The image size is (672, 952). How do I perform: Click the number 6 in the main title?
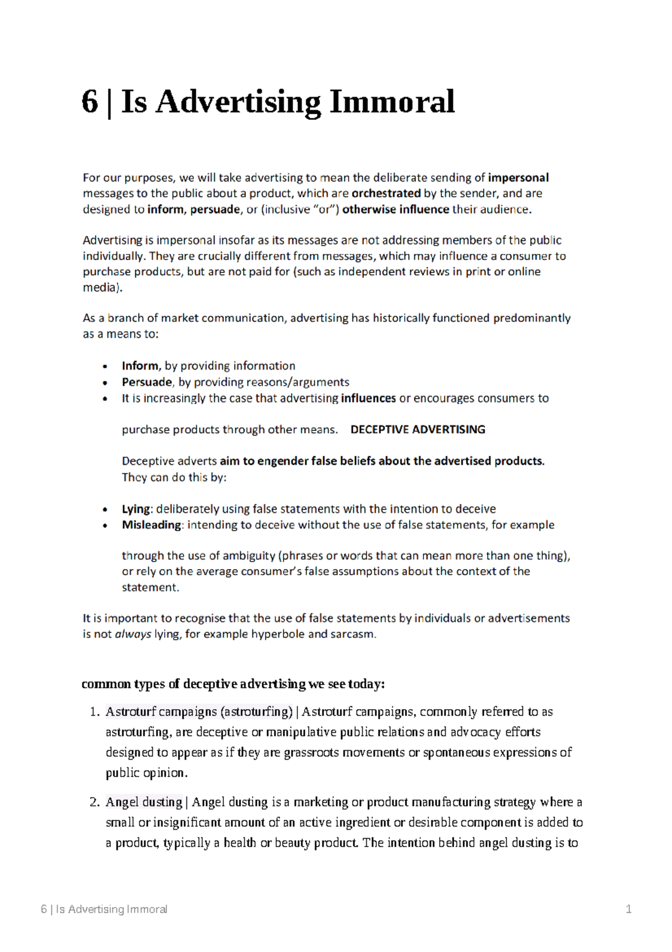point(90,103)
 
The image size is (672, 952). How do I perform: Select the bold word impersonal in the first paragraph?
point(518,178)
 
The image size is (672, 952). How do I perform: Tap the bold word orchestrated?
point(386,193)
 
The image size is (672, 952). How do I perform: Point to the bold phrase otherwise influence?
point(395,210)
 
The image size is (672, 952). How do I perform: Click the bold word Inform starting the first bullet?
point(141,366)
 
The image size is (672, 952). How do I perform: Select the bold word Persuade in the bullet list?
point(147,382)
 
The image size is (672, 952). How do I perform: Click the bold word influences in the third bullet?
point(368,399)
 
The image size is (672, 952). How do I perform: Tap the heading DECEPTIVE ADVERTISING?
point(418,430)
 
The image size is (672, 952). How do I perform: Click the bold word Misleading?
point(151,525)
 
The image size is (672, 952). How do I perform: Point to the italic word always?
point(133,635)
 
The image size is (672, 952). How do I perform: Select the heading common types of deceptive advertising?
point(233,684)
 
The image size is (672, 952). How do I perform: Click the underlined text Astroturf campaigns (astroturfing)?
point(199,712)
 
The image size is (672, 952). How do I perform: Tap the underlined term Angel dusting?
point(144,802)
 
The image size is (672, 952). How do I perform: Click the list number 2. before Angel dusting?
point(94,802)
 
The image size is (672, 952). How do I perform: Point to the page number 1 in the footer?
point(628,909)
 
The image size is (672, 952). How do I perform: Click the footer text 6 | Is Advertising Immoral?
point(104,909)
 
